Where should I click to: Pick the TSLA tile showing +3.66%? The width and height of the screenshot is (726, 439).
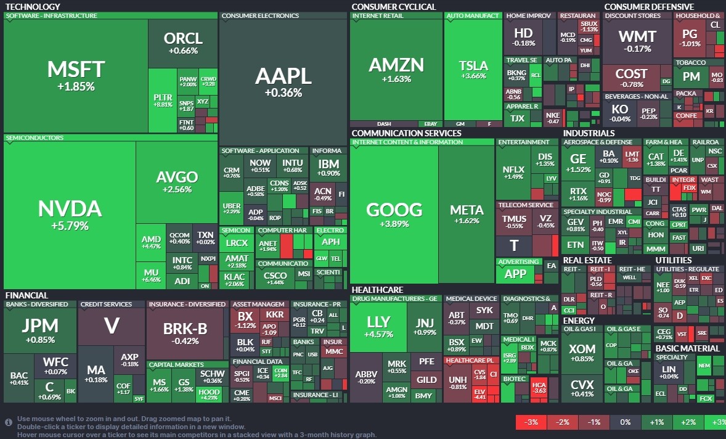pyautogui.click(x=473, y=70)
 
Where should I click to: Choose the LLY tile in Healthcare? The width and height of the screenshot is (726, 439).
pyautogui.click(x=378, y=327)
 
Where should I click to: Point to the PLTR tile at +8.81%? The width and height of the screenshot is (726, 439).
pyautogui.click(x=163, y=101)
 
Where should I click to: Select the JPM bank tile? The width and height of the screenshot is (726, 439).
pyautogui.click(x=40, y=330)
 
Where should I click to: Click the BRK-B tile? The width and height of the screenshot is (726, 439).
pyautogui.click(x=185, y=334)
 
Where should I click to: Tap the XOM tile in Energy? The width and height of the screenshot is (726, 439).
pyautogui.click(x=582, y=353)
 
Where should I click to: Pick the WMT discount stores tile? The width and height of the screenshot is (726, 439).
pyautogui.click(x=637, y=41)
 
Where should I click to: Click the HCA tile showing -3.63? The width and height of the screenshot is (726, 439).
pyautogui.click(x=539, y=387)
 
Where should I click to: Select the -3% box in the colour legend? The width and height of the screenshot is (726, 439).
pyautogui.click(x=531, y=422)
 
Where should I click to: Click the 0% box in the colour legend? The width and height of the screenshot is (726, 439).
pyautogui.click(x=625, y=422)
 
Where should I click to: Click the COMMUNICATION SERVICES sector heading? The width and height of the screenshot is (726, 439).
pyautogui.click(x=406, y=133)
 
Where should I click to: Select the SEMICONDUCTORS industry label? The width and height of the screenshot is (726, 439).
pyautogui.click(x=35, y=138)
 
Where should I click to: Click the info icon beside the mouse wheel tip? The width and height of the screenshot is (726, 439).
pyautogui.click(x=9, y=422)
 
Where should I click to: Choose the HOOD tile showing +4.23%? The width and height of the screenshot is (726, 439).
pyautogui.click(x=209, y=394)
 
